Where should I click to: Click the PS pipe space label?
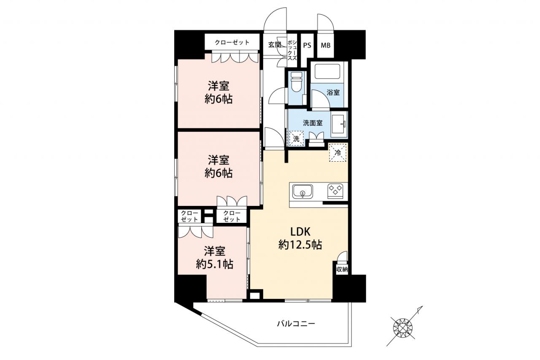307,45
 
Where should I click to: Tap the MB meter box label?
325,45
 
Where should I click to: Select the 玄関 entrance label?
275,45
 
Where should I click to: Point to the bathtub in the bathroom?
327,72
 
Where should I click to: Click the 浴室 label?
333,92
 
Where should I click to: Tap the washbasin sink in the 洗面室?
339,125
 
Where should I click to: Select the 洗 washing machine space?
296,138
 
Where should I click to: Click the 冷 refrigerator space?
338,152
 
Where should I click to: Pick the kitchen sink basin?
302,192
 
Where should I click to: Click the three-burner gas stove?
335,191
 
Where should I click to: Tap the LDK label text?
300,232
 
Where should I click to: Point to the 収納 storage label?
342,269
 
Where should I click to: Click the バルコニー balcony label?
296,323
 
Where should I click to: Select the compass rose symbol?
403,328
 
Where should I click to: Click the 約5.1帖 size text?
215,265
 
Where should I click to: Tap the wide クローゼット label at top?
232,43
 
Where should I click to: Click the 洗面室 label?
313,123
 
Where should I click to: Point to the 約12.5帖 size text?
300,245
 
